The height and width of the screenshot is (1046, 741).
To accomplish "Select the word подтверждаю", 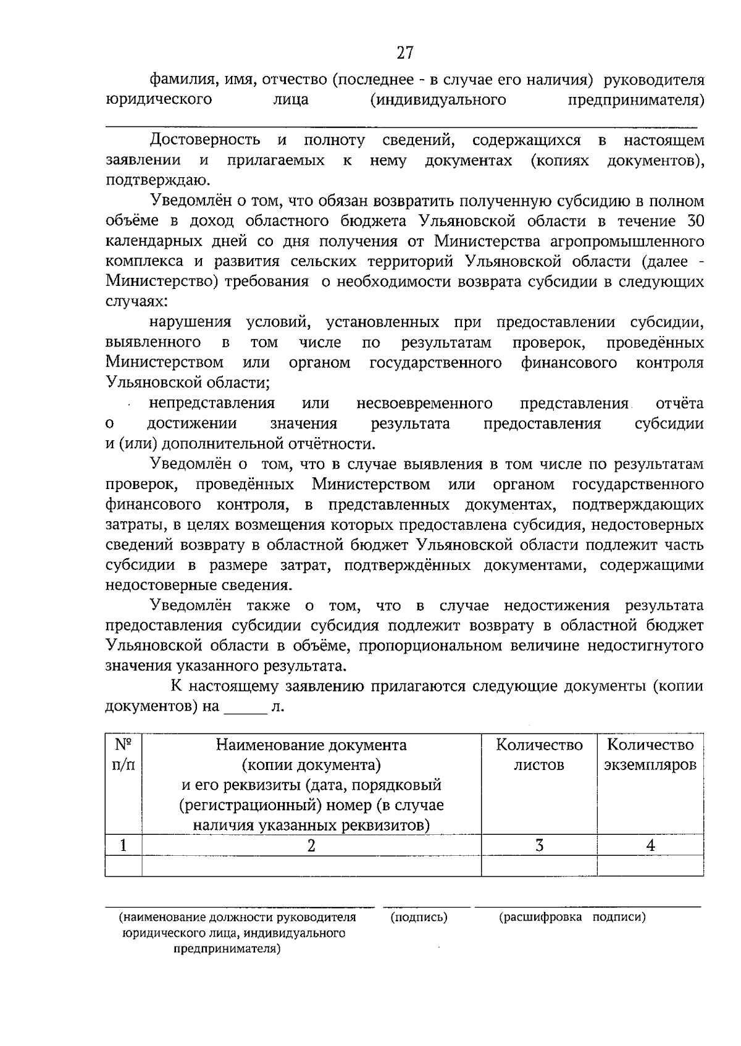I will tap(157, 180).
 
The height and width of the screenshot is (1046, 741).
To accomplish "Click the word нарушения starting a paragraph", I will tap(190, 322).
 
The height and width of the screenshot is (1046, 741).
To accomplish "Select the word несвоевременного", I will tap(424, 403).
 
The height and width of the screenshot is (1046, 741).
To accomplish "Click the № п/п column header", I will tap(124, 755).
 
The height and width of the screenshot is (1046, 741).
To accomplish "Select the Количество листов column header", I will tap(539, 755).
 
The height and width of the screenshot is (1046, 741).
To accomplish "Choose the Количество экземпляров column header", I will tap(650, 755).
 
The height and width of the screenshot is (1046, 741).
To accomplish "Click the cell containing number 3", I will tap(539, 845).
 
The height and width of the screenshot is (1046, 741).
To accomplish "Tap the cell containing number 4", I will tap(650, 845).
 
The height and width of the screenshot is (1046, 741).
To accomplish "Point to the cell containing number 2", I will tap(311, 845).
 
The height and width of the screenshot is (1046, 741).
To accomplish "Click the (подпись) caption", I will tap(419, 917).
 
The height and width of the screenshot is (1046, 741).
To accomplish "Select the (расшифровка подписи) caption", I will tap(572, 917).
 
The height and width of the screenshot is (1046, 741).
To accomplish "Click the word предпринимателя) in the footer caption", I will tap(227, 949).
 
